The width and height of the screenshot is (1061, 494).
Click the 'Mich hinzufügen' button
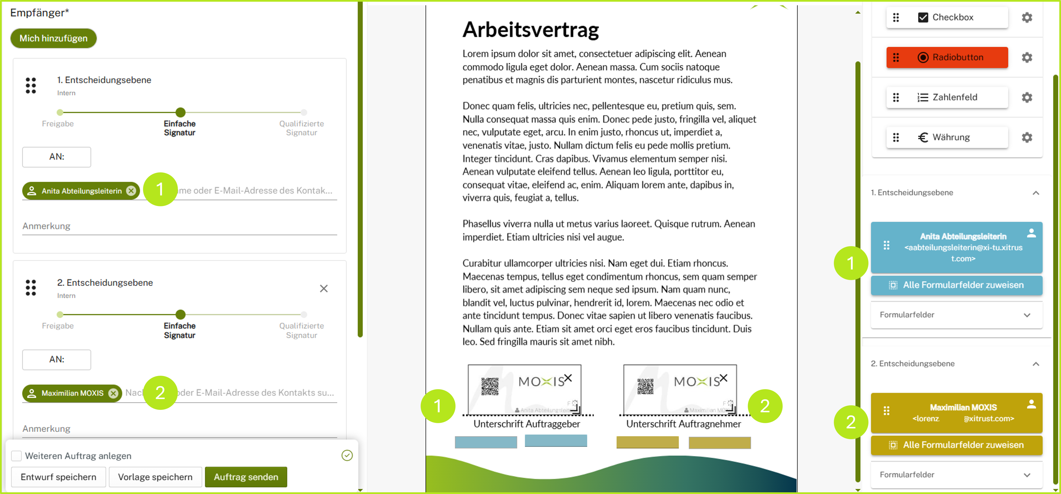pos(54,38)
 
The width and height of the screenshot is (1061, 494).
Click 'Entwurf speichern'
pos(58,477)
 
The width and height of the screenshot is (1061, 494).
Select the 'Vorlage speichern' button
pos(155,477)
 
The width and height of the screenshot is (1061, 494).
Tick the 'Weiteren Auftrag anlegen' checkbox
pos(17,456)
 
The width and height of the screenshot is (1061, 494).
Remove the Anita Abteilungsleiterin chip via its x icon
pos(131,191)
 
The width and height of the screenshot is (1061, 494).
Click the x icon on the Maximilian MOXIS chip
pos(113,393)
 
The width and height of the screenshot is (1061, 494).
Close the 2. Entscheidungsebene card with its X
pos(324,288)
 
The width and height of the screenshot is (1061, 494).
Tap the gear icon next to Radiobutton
pos(1027,57)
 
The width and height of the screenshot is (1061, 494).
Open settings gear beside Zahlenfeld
pos(1027,97)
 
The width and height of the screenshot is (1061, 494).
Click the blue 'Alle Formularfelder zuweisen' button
pos(956,285)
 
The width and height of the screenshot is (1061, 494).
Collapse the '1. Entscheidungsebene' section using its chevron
pos(1036,193)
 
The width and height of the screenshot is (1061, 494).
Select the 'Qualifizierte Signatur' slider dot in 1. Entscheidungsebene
pos(304,112)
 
